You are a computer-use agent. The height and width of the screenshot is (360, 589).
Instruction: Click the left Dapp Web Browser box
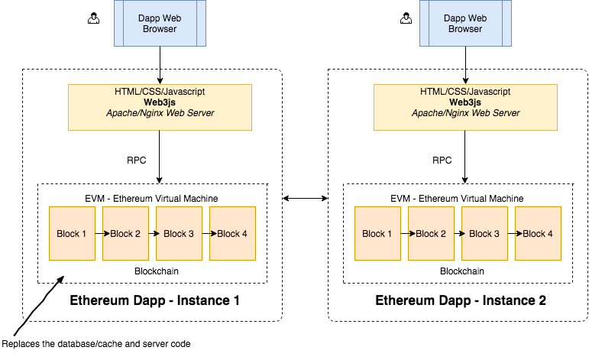pos(160,24)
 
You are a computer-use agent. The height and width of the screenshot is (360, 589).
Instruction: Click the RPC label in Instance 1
pos(137,161)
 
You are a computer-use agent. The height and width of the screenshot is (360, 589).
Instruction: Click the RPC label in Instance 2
pos(442,161)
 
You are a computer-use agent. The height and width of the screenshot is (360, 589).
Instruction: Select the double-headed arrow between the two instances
pos(305,199)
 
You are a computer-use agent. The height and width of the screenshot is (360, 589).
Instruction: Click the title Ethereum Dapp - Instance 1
pos(155,300)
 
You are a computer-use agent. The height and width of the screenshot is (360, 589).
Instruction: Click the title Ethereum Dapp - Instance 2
pos(461,300)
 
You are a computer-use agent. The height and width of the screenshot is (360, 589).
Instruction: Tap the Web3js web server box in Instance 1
pos(160,106)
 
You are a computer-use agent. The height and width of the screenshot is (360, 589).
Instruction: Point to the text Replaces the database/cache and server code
pos(95,344)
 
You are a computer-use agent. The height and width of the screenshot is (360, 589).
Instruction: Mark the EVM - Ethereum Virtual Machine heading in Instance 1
pos(151,198)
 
